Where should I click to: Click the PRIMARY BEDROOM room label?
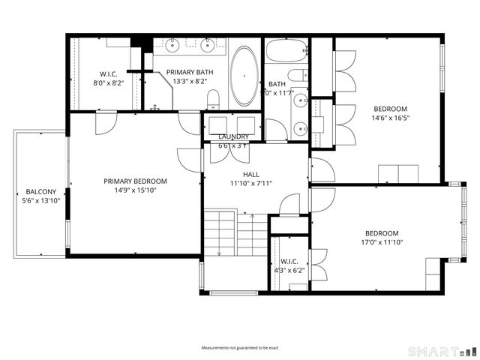(135, 181)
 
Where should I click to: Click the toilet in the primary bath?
(213, 97)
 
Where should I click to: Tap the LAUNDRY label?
(232, 136)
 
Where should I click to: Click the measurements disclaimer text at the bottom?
(239, 348)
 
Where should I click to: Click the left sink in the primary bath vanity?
(173, 46)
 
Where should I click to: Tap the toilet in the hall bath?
(298, 76)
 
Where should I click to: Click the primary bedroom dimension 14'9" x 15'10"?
(135, 190)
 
